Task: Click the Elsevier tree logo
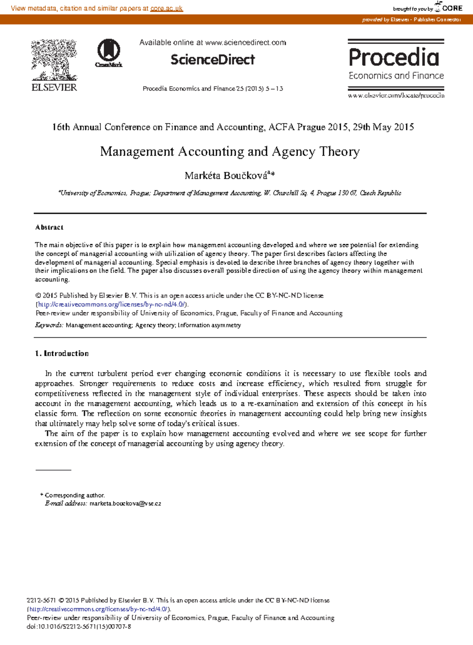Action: point(54,60)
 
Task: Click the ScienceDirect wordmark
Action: point(212,59)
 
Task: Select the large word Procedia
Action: point(394,57)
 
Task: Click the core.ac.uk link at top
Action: point(166,8)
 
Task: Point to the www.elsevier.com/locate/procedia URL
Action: point(396,95)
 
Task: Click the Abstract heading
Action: point(49,227)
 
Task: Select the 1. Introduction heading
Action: point(62,353)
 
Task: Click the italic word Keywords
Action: point(49,325)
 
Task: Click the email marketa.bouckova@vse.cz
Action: point(125,504)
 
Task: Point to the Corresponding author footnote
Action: point(74,495)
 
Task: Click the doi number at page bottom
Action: point(79,626)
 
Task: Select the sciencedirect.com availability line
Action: point(212,43)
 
